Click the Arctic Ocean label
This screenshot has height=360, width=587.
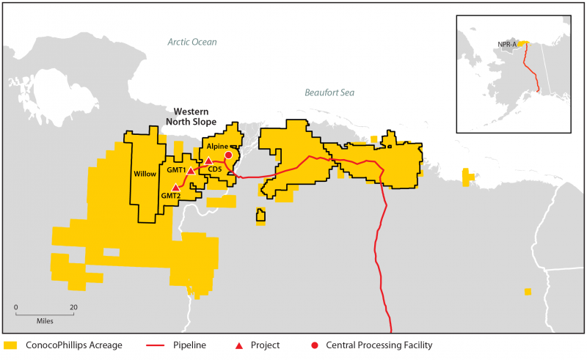[192, 42]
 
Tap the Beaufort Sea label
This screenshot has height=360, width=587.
[329, 92]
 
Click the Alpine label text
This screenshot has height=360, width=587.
[217, 147]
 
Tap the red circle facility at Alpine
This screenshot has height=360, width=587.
[228, 155]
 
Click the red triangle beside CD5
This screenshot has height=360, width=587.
[208, 161]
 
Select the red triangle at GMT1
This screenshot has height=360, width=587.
[191, 171]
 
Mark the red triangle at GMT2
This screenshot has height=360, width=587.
[175, 188]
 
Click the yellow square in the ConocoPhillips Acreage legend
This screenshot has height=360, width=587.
[10, 345]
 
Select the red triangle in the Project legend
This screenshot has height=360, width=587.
[235, 345]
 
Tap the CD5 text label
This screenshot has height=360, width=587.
[215, 171]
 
